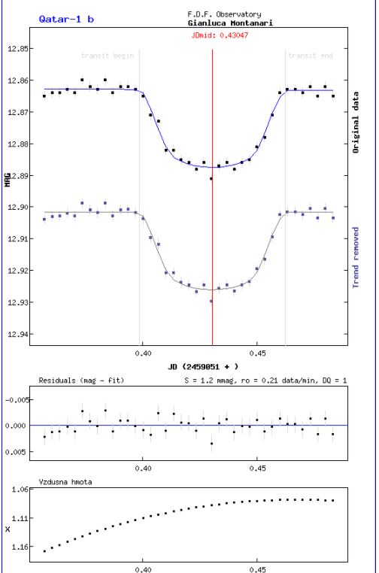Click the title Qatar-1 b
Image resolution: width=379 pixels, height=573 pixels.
pos(66,19)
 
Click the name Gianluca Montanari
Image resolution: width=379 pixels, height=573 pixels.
pos(230,23)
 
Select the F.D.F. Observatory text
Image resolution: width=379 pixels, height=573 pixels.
pos(224,14)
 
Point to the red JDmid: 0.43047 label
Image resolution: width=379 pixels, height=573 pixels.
pos(220,35)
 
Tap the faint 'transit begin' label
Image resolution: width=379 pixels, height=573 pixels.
pos(108,56)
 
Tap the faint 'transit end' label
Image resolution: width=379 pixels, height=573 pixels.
pos(311,56)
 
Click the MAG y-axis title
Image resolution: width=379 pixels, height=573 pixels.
pos(8,180)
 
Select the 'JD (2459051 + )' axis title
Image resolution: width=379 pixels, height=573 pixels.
pos(203,366)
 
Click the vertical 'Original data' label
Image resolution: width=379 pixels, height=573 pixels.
pos(356,122)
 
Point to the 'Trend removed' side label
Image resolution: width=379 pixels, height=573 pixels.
pos(356,258)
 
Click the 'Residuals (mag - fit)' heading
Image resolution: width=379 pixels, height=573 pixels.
pos(81,380)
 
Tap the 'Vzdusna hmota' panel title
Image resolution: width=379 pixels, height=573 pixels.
pos(65,482)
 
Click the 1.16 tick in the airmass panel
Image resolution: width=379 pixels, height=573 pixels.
pos(20,547)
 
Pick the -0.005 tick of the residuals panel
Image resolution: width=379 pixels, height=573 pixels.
pos(17,400)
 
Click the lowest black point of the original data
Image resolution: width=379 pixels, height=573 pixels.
pos(211,179)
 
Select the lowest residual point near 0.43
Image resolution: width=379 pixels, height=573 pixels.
pos(211,444)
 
